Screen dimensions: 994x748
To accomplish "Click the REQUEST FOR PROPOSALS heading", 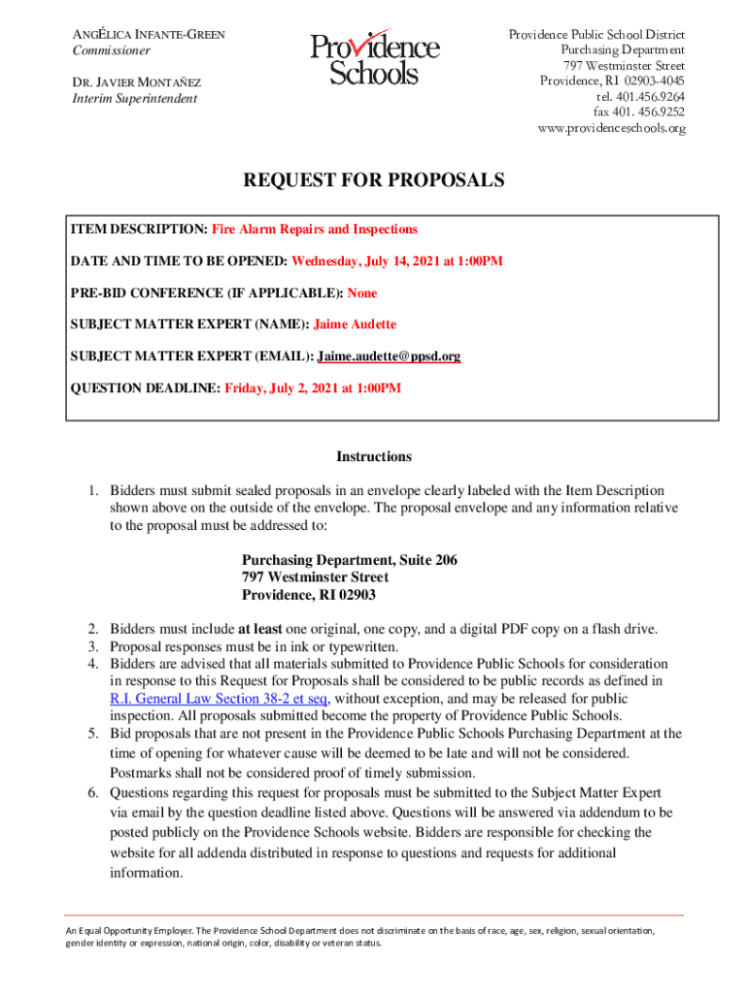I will (x=373, y=181).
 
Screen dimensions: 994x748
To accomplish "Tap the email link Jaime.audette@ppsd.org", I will (x=390, y=356).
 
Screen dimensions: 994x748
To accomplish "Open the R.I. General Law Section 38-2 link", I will (x=219, y=699).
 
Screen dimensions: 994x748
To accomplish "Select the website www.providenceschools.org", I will (x=611, y=128).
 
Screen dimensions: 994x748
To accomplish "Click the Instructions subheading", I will (x=374, y=456).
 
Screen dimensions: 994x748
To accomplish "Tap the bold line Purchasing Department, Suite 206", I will (x=349, y=560).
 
